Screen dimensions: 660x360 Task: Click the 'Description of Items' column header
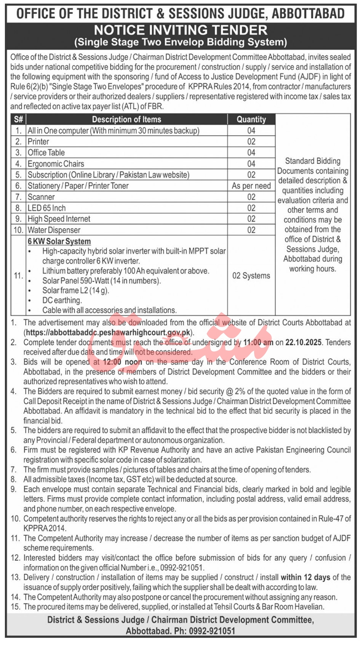coord(126,119)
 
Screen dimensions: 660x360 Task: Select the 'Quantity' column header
coord(251,119)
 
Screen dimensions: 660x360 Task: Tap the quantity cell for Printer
coord(251,142)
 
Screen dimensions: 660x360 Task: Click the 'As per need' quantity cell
coord(251,186)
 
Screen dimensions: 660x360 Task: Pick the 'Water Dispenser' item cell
coord(54,230)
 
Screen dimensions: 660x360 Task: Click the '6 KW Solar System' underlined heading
coord(59,241)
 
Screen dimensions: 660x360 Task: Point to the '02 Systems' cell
coord(251,276)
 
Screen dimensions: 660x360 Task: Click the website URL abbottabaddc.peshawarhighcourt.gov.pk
coord(107,332)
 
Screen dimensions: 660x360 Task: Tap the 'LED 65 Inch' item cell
coord(46,208)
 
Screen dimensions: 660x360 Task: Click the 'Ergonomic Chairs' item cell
coord(56,164)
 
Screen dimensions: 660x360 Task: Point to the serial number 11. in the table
coord(18,275)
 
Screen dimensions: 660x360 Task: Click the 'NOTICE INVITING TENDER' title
coord(181,30)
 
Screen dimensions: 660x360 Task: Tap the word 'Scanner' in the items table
coord(41,197)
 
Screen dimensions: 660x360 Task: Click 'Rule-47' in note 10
coord(331,519)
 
